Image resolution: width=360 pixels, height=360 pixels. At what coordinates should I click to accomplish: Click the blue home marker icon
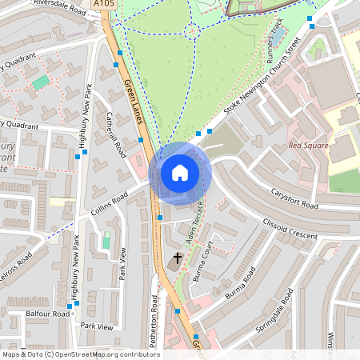[180, 173]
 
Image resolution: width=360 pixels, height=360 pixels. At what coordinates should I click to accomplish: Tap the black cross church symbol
[177, 258]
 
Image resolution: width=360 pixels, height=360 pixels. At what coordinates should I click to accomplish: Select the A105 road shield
[102, 5]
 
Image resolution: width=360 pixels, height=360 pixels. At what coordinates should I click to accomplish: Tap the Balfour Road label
[48, 314]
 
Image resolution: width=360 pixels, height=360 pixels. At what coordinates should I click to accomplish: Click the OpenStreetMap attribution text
[81, 354]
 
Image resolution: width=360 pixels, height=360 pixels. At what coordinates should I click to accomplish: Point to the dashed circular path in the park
[191, 31]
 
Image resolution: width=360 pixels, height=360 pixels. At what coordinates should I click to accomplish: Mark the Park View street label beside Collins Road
[122, 265]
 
